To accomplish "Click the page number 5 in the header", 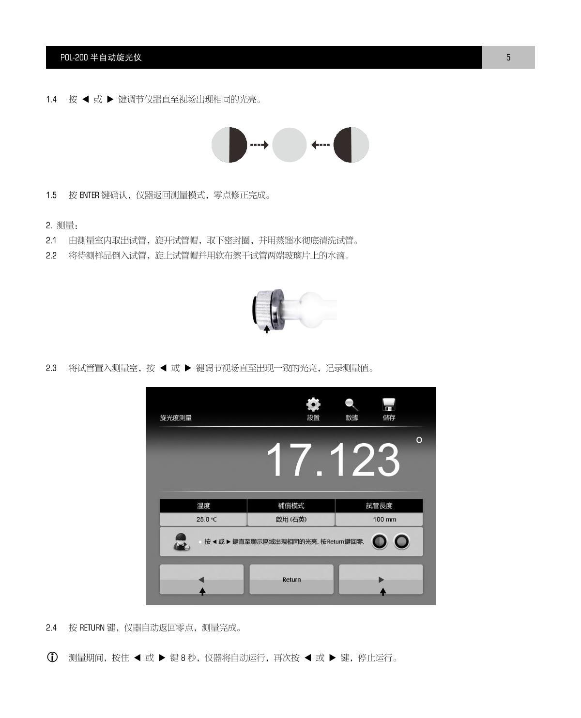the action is click(508, 57).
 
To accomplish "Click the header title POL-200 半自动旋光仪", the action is click(101, 57).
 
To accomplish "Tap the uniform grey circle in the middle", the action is click(289, 145).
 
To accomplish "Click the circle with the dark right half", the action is click(229, 145).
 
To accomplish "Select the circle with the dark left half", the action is click(351, 145).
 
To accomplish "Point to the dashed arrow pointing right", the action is click(260, 145).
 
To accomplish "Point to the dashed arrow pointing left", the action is click(321, 145).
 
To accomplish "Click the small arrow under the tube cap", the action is click(266, 329).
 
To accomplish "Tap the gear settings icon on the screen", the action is click(313, 404).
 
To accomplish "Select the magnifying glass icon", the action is click(352, 404).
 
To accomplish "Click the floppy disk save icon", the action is click(388, 404).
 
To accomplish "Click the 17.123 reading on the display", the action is click(333, 460).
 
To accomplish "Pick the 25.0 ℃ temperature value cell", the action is click(203, 520).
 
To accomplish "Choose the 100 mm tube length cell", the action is click(379, 520).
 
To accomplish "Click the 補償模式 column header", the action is click(291, 506).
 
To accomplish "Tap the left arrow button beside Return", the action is click(201, 580).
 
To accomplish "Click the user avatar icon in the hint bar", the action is click(181, 542).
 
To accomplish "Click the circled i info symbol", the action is click(52, 657).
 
